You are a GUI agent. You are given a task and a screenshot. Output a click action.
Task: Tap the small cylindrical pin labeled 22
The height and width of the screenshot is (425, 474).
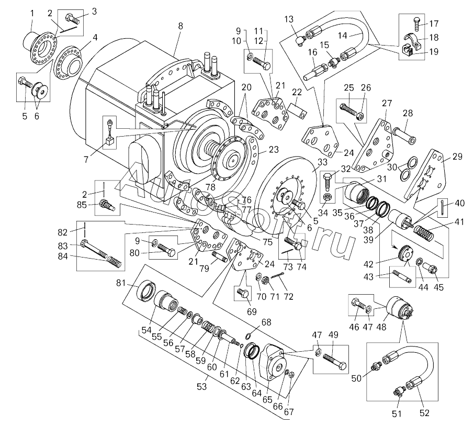point(297,111)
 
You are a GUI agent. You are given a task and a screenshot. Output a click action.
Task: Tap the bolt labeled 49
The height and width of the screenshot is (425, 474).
point(334,362)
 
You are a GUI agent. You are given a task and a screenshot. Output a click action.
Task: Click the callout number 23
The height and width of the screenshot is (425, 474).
point(274,149)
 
